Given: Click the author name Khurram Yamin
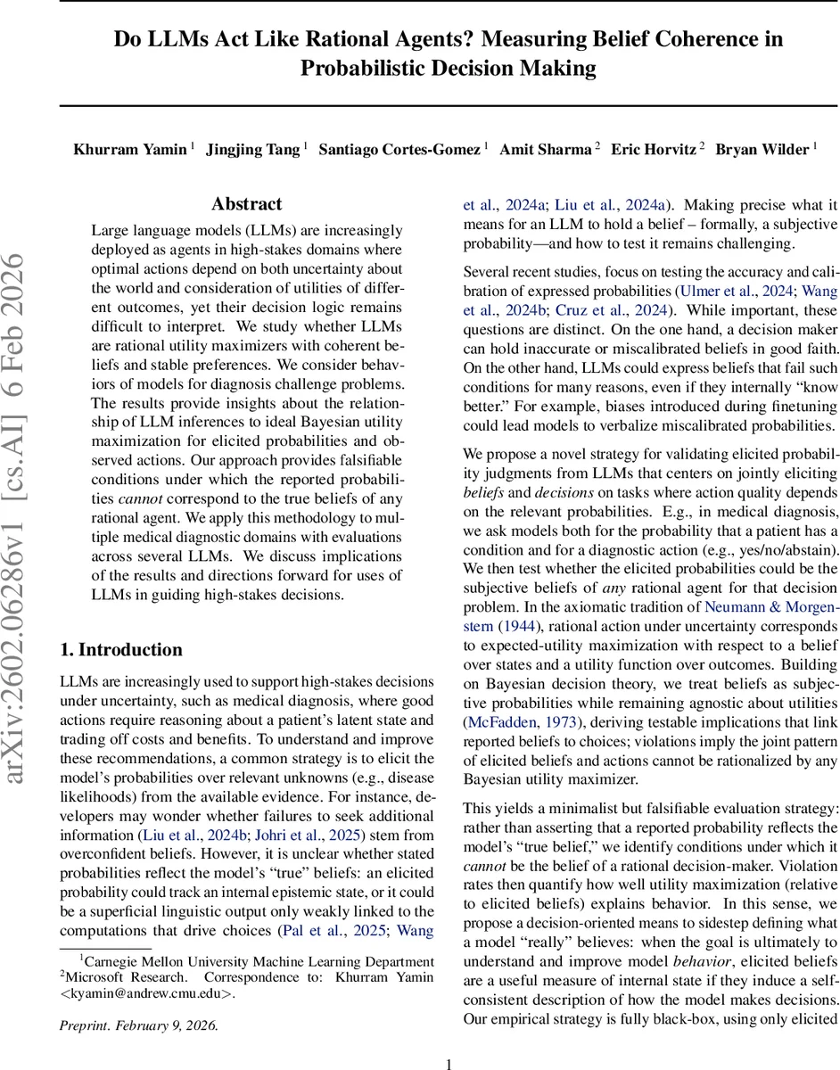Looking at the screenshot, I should pyautogui.click(x=130, y=149).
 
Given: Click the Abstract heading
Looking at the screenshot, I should pyautogui.click(x=246, y=204).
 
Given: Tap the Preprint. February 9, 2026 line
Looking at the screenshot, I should pyautogui.click(x=138, y=1025).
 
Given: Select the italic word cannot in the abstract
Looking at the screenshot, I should pyautogui.click(x=137, y=498).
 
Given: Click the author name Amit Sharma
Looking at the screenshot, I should pyautogui.click(x=546, y=149).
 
